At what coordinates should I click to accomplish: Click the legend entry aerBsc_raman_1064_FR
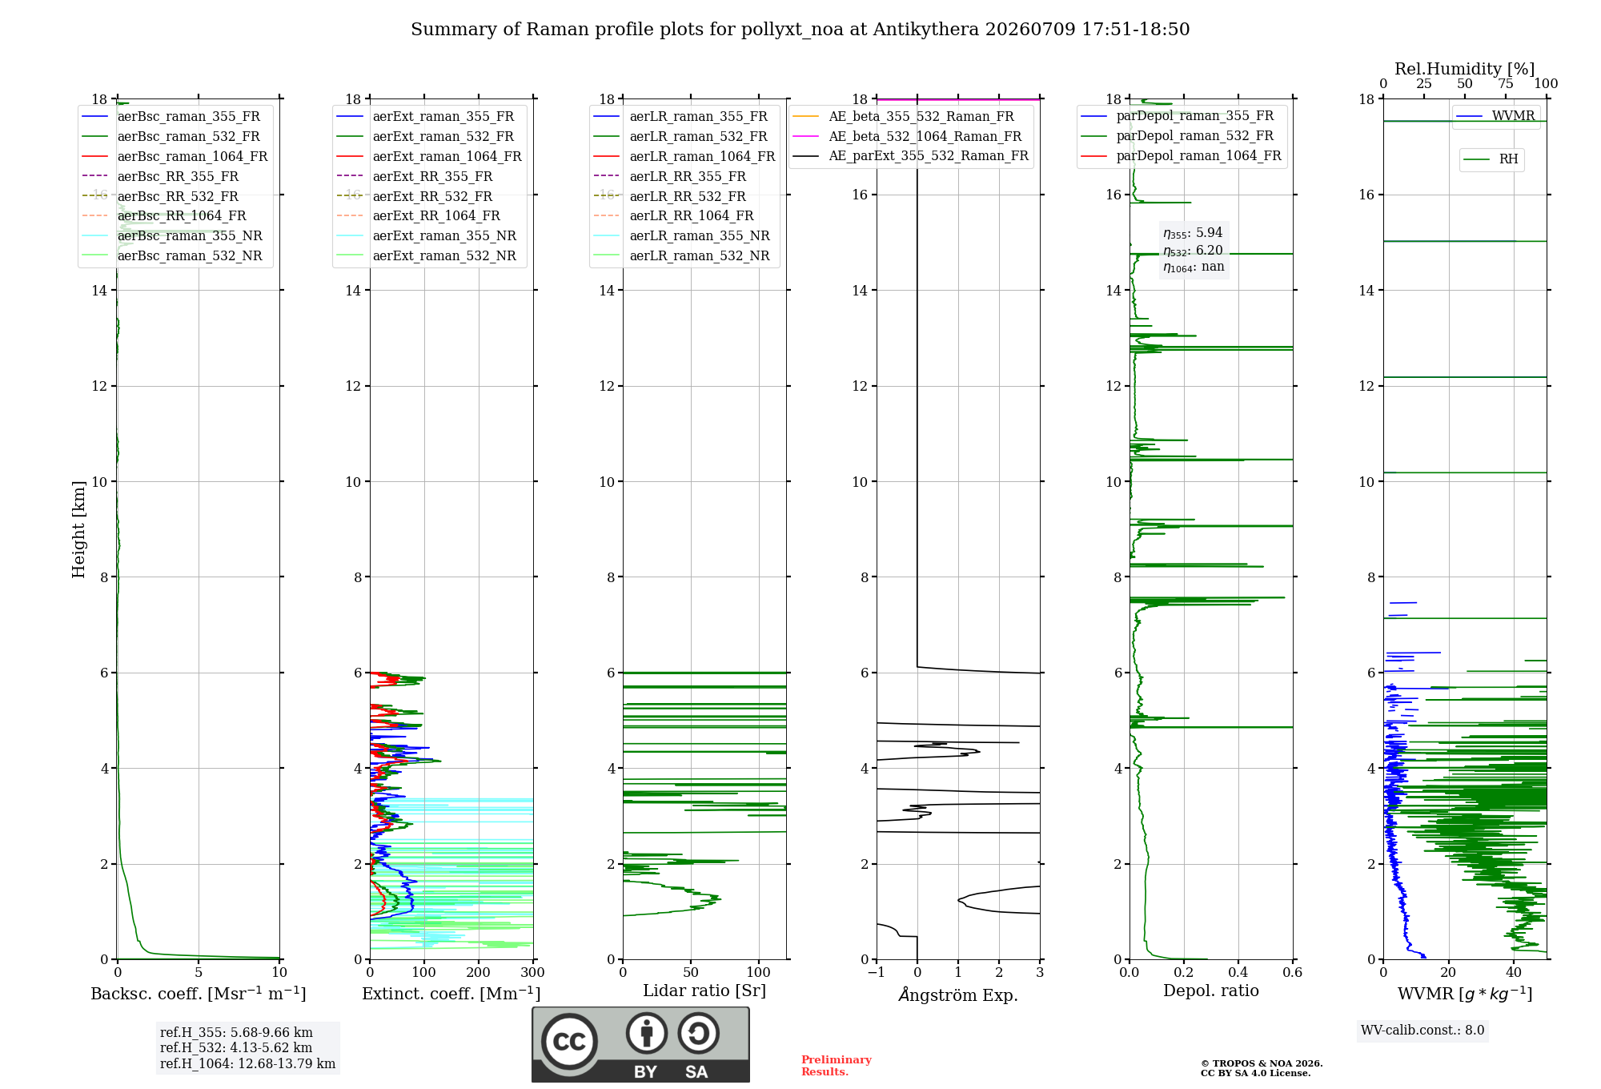(175, 156)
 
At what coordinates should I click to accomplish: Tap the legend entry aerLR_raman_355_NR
(681, 235)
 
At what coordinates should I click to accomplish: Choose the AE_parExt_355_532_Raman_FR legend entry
(911, 155)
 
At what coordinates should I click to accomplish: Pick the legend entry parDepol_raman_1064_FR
(1182, 155)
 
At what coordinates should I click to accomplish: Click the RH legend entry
(1491, 159)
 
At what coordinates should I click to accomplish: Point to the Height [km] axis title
(78, 529)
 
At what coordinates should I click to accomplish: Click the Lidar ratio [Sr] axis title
(704, 991)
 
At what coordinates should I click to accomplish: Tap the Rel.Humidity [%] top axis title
(1465, 69)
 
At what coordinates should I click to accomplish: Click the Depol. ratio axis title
(1211, 991)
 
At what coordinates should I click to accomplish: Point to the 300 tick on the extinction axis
(532, 972)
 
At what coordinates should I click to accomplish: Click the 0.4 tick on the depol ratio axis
(1238, 972)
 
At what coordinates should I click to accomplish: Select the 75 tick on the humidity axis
(1506, 84)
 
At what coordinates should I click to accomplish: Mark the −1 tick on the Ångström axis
(877, 972)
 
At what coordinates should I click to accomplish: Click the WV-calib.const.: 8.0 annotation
(1422, 1031)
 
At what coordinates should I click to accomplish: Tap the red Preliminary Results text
(837, 1066)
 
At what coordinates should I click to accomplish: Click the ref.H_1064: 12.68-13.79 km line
(247, 1064)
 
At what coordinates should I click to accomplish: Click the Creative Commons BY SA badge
(641, 1045)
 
